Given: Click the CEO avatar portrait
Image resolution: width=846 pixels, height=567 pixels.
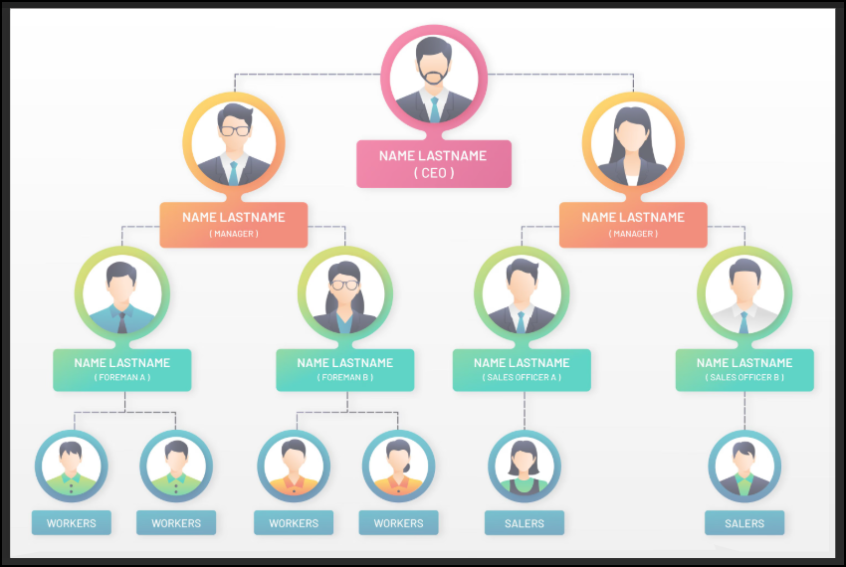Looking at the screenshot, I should pos(434,78).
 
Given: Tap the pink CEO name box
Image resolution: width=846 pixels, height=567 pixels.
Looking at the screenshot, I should pos(434,164).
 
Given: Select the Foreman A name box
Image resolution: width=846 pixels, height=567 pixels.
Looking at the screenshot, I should pos(122,369).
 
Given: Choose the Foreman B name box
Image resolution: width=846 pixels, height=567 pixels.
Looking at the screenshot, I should pos(345,369).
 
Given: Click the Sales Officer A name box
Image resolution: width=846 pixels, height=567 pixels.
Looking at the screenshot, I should pos(522,369).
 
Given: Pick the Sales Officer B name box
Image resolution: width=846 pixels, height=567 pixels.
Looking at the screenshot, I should pos(744,369).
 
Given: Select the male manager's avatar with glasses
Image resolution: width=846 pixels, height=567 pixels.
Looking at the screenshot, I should pos(234,144).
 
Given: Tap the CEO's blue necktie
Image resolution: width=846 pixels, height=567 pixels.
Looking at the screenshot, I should pos(434,108).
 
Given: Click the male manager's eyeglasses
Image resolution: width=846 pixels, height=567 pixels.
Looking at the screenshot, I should pos(235,130).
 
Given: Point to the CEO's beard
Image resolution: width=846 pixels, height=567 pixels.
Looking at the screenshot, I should pos(434,77).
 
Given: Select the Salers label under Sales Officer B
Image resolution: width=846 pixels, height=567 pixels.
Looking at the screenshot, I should pos(744,523).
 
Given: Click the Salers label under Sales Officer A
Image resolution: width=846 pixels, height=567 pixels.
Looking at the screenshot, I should pos(525,523).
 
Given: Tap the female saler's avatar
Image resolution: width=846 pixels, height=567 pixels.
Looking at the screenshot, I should pos(524,466).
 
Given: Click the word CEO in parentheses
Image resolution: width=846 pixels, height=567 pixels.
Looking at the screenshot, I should pos(434,173).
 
